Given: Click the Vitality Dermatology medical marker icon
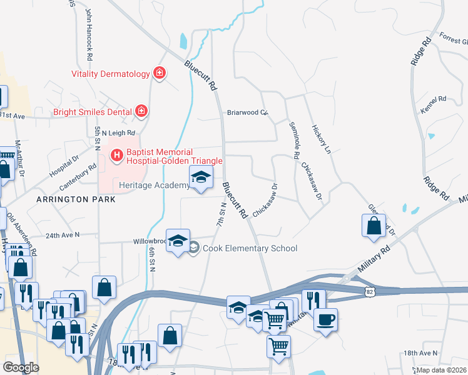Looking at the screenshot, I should tap(160, 74).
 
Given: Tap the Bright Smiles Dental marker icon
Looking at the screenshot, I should tap(141, 112).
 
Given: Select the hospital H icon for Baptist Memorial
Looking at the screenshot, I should tap(116, 154).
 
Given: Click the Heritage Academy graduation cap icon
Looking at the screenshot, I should tap(201, 177).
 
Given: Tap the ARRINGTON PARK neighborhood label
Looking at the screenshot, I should tap(76, 199).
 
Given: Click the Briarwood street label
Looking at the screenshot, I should tap(247, 113).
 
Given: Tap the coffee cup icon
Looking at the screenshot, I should tap(325, 320).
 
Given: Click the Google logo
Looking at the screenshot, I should tap(21, 367).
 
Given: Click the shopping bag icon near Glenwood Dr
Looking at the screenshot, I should tap(374, 226).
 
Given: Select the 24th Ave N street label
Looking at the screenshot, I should tap(63, 236).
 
